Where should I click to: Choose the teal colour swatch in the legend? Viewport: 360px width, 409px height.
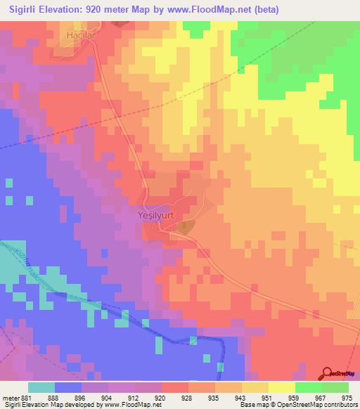tap(41, 387)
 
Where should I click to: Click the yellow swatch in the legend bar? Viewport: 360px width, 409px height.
tap(282, 387)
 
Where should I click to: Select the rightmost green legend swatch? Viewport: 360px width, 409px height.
tap(335, 387)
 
